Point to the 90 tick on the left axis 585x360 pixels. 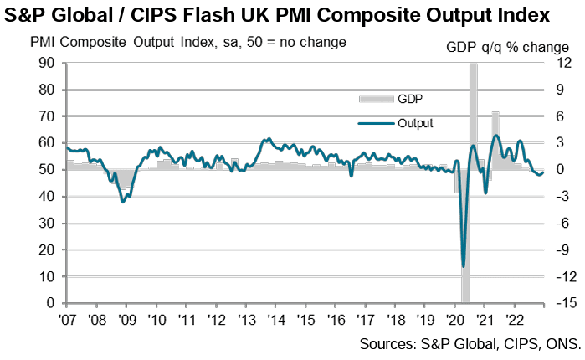coord(49,63)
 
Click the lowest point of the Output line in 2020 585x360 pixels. coord(464,266)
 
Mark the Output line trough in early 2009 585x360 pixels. coord(123,201)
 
